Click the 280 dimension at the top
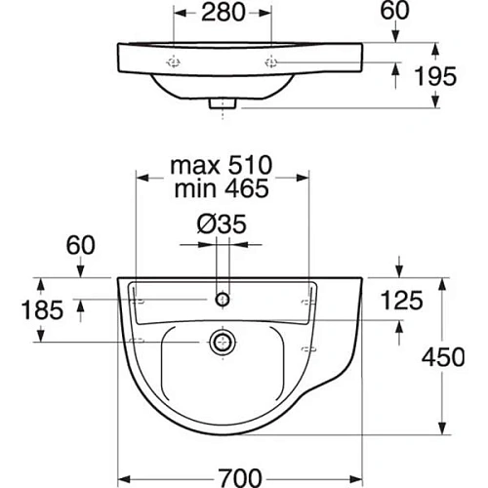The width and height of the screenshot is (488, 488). pos(224,13)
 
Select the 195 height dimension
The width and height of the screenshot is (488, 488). pos(435,76)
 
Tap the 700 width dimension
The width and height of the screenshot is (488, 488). pos(240,477)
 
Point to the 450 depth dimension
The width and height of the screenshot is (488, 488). pos(443,357)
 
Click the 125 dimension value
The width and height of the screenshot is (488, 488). pos(402,300)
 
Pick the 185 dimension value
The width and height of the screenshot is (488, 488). pos(42,309)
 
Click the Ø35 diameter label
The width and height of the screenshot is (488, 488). pos(222,224)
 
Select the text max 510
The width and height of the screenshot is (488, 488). pos(222,165)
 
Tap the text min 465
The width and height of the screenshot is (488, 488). pos(222,188)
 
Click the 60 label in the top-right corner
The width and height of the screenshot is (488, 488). pos(394,11)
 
